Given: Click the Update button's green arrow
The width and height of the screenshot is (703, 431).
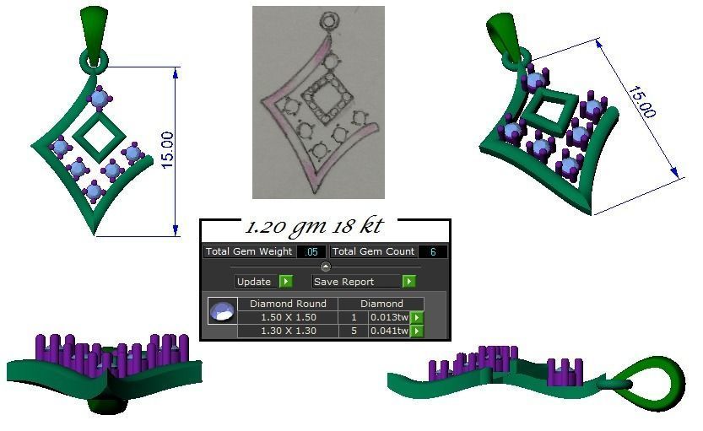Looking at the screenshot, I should pyautogui.click(x=286, y=282).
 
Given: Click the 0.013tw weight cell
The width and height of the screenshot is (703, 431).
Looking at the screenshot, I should pyautogui.click(x=387, y=317).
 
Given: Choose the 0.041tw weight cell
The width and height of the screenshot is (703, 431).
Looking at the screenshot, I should pyautogui.click(x=387, y=331).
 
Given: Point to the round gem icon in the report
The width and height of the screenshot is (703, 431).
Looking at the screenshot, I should pyautogui.click(x=221, y=311).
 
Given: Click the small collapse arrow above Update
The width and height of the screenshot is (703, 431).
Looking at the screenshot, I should pyautogui.click(x=326, y=267).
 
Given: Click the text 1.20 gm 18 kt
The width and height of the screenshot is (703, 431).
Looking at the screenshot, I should pyautogui.click(x=313, y=227).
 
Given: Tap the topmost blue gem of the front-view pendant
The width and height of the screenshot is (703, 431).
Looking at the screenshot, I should pyautogui.click(x=100, y=99).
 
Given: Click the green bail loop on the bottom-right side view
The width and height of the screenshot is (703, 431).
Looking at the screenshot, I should pyautogui.click(x=657, y=376).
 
